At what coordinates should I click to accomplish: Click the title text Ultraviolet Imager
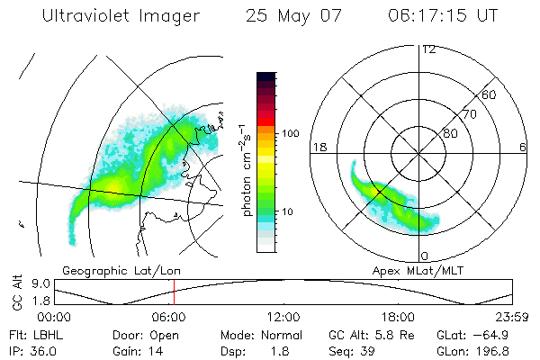click(121, 17)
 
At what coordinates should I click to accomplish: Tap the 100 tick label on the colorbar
click(292, 133)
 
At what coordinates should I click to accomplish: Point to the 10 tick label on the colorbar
click(289, 211)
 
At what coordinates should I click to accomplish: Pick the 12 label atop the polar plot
click(429, 49)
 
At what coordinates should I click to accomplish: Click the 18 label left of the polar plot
click(318, 147)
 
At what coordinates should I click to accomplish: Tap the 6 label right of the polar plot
click(524, 147)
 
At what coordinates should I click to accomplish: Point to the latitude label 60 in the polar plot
click(490, 94)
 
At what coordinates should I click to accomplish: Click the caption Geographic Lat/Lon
click(117, 270)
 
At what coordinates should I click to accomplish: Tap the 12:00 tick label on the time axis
click(283, 317)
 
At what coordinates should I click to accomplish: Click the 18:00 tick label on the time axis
click(398, 317)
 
